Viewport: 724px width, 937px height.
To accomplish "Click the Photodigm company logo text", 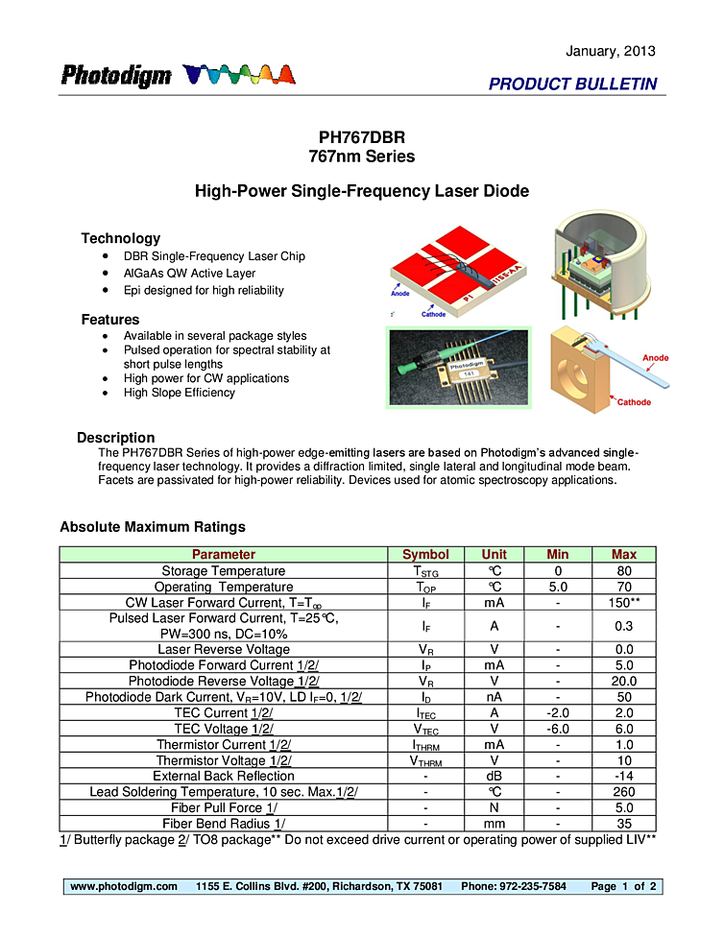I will (116, 76).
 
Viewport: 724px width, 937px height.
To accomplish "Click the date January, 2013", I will (611, 51).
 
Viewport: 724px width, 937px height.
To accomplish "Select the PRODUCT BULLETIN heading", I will (572, 84).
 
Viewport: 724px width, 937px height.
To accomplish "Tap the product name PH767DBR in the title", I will (362, 137).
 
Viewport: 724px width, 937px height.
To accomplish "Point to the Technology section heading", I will (120, 238).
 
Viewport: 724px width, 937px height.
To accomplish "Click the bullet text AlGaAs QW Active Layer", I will (189, 274).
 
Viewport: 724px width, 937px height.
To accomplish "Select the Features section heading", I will (110, 320).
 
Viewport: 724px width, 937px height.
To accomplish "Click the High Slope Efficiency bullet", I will (179, 393).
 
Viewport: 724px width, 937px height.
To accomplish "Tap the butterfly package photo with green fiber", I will (457, 367).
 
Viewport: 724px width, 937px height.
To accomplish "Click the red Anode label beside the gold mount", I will (655, 358).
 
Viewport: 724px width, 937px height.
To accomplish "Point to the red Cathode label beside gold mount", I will (633, 402).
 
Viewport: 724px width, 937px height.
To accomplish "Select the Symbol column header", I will (425, 555).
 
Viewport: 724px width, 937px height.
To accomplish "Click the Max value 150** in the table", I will (623, 603).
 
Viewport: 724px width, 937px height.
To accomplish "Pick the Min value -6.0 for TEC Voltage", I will (557, 729).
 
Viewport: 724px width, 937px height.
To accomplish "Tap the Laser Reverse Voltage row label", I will (224, 650).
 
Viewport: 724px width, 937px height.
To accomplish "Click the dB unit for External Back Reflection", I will (494, 777).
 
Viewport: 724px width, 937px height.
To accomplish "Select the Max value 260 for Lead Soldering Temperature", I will (623, 792).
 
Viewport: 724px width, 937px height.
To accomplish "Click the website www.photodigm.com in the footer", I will (124, 886).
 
